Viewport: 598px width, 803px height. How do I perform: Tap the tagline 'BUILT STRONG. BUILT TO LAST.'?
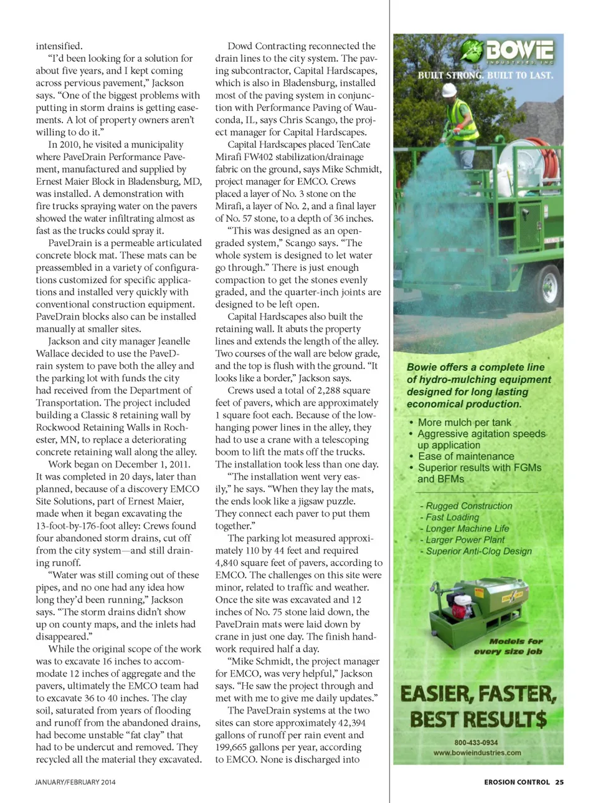(x=485, y=75)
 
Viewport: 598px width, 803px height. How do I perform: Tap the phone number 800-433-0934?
(x=477, y=743)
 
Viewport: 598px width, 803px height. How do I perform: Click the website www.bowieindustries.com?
(x=477, y=753)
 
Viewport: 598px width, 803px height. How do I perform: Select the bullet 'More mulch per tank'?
(x=464, y=422)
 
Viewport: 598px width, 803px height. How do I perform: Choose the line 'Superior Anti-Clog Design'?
(x=478, y=551)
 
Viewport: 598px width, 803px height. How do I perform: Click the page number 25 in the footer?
(x=559, y=782)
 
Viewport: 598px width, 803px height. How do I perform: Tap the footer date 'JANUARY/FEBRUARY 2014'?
(x=75, y=782)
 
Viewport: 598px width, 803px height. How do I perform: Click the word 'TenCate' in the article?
(x=354, y=145)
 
